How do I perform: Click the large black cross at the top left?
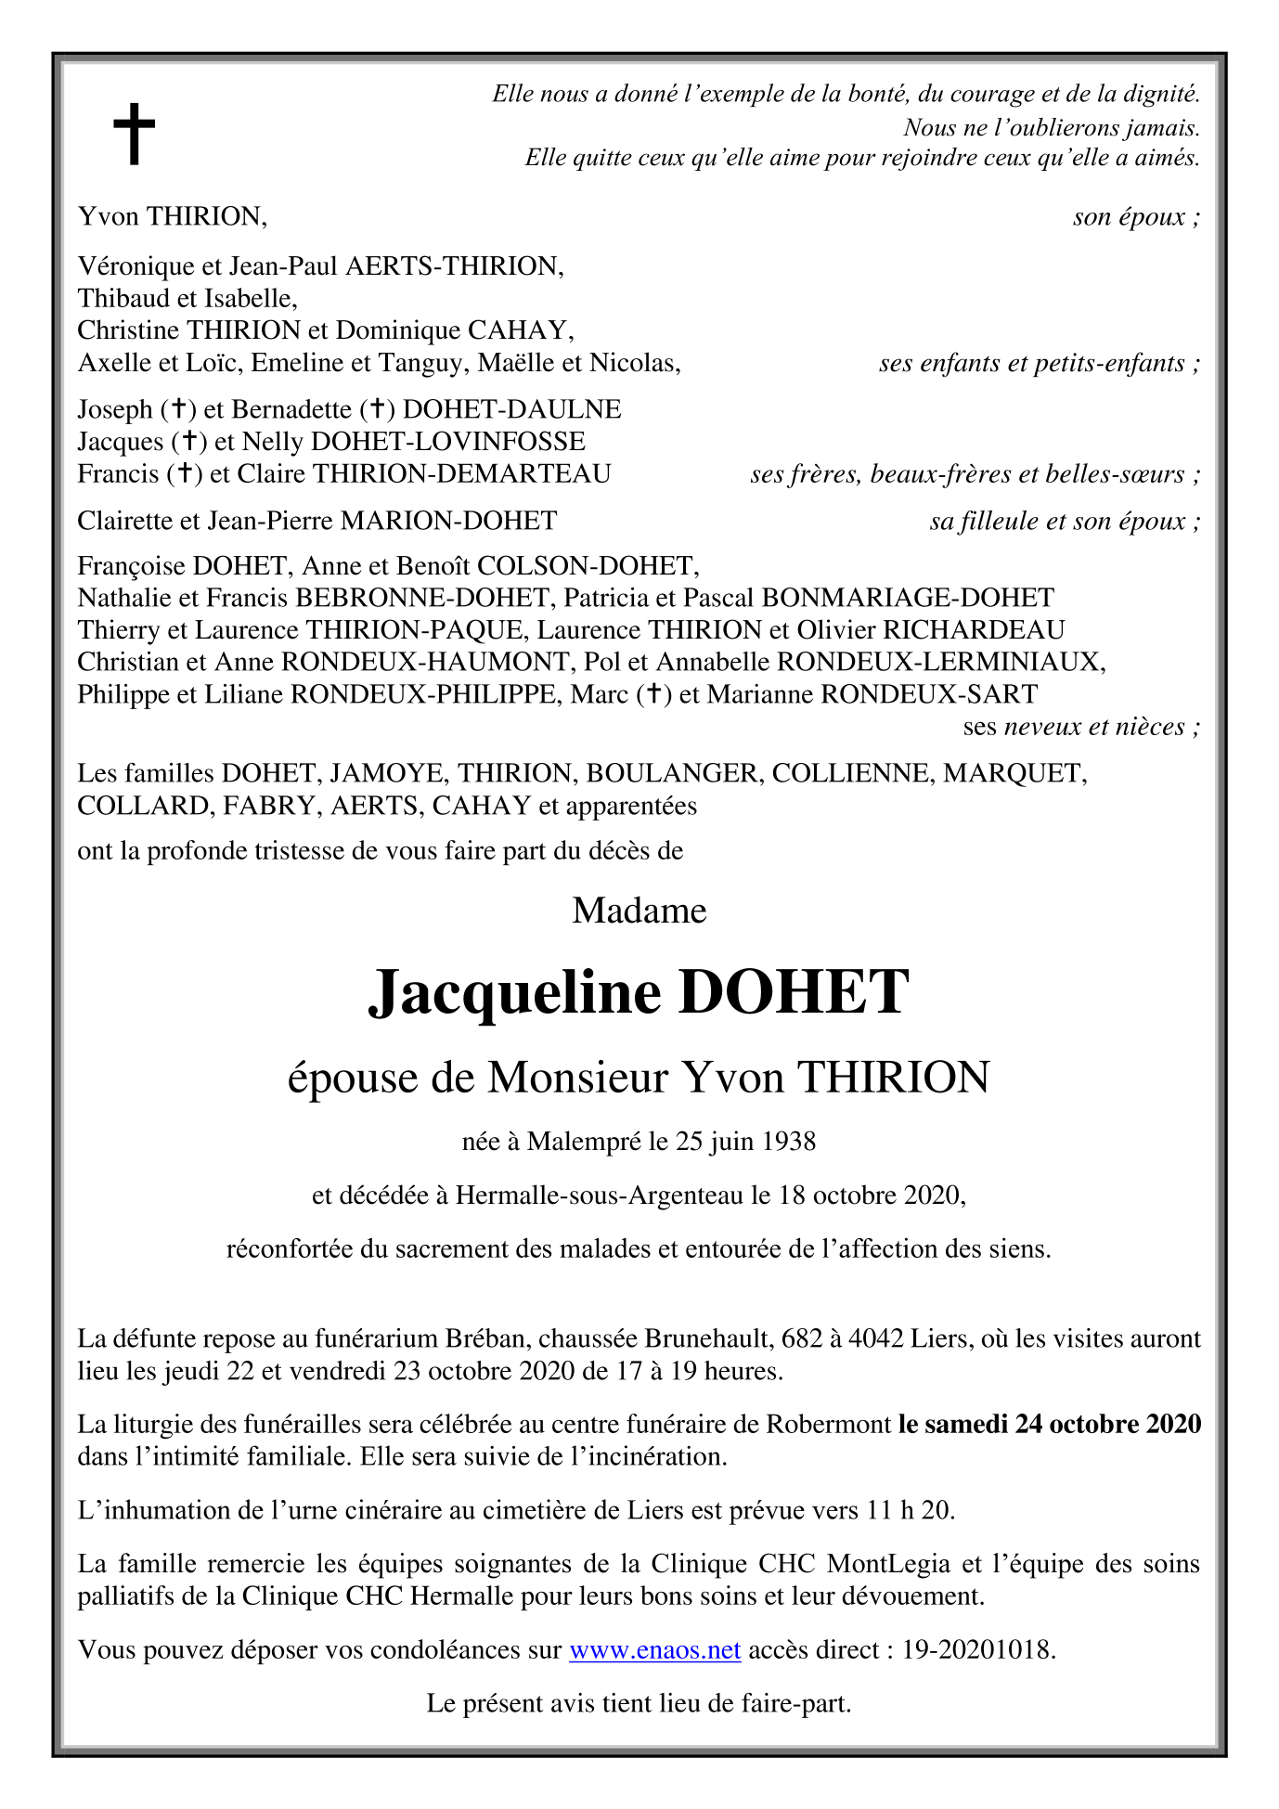coord(134,134)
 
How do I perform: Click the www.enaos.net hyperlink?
coord(654,1649)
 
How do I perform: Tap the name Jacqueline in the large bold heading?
coord(514,992)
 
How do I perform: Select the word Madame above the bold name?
coord(639,911)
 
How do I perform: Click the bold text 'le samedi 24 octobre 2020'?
coord(1049,1423)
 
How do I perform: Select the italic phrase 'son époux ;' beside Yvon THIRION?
coord(1136,217)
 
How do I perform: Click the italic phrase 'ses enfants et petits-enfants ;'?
coord(1039,363)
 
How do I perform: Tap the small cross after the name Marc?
coord(654,693)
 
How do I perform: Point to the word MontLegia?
coord(888,1564)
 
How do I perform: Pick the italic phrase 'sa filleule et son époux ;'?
coord(1065,521)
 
